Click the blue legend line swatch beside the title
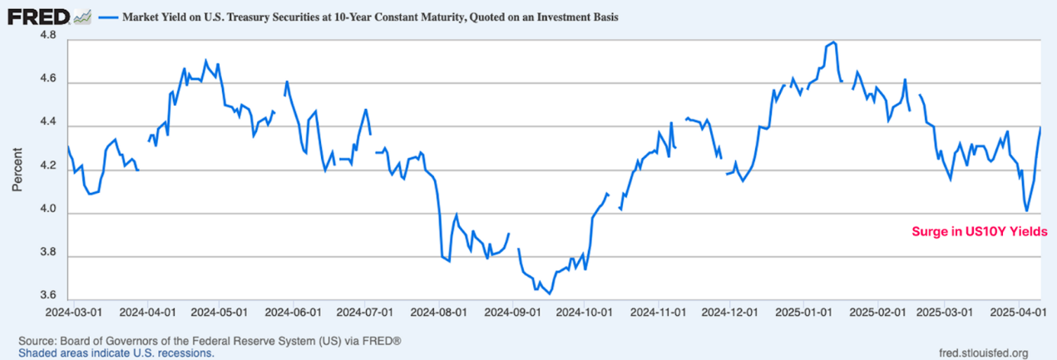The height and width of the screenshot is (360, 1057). click(111, 16)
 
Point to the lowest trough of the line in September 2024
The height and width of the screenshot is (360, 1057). click(550, 293)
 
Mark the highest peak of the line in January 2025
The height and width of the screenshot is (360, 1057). click(833, 42)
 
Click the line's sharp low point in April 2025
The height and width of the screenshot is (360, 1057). click(1027, 211)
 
